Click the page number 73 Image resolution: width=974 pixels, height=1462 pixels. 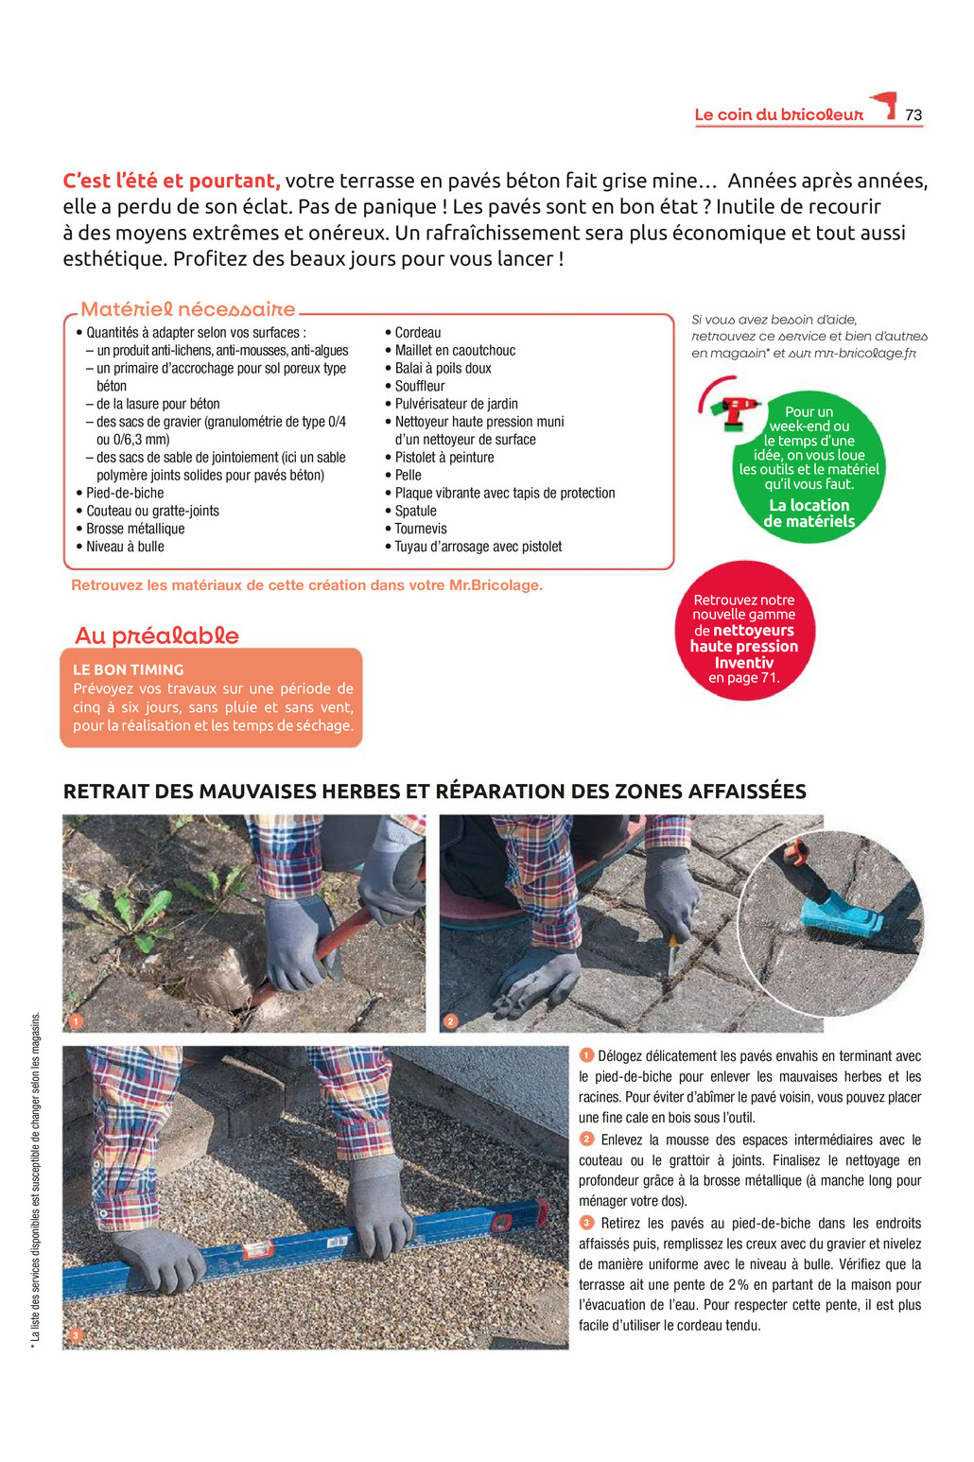click(x=913, y=115)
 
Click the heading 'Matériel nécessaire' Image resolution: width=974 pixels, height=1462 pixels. click(x=188, y=309)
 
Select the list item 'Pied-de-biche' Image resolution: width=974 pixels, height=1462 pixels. click(x=125, y=493)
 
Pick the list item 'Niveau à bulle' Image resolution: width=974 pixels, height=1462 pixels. click(x=125, y=547)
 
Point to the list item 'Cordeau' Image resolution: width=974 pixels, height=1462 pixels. click(x=418, y=333)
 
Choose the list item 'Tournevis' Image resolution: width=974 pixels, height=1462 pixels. click(x=421, y=529)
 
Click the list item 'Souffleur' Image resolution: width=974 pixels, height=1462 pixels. click(x=420, y=386)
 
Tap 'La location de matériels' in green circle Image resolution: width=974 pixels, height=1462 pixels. click(x=809, y=513)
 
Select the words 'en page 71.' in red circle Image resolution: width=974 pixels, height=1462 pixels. click(x=743, y=678)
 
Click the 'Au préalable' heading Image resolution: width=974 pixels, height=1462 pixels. click(x=157, y=635)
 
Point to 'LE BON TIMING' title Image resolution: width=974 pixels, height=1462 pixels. click(x=129, y=670)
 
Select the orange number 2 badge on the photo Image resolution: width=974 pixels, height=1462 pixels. click(x=451, y=1021)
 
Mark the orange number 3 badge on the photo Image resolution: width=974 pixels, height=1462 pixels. click(x=76, y=1335)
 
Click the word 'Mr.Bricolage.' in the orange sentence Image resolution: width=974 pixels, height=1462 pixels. click(x=496, y=585)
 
